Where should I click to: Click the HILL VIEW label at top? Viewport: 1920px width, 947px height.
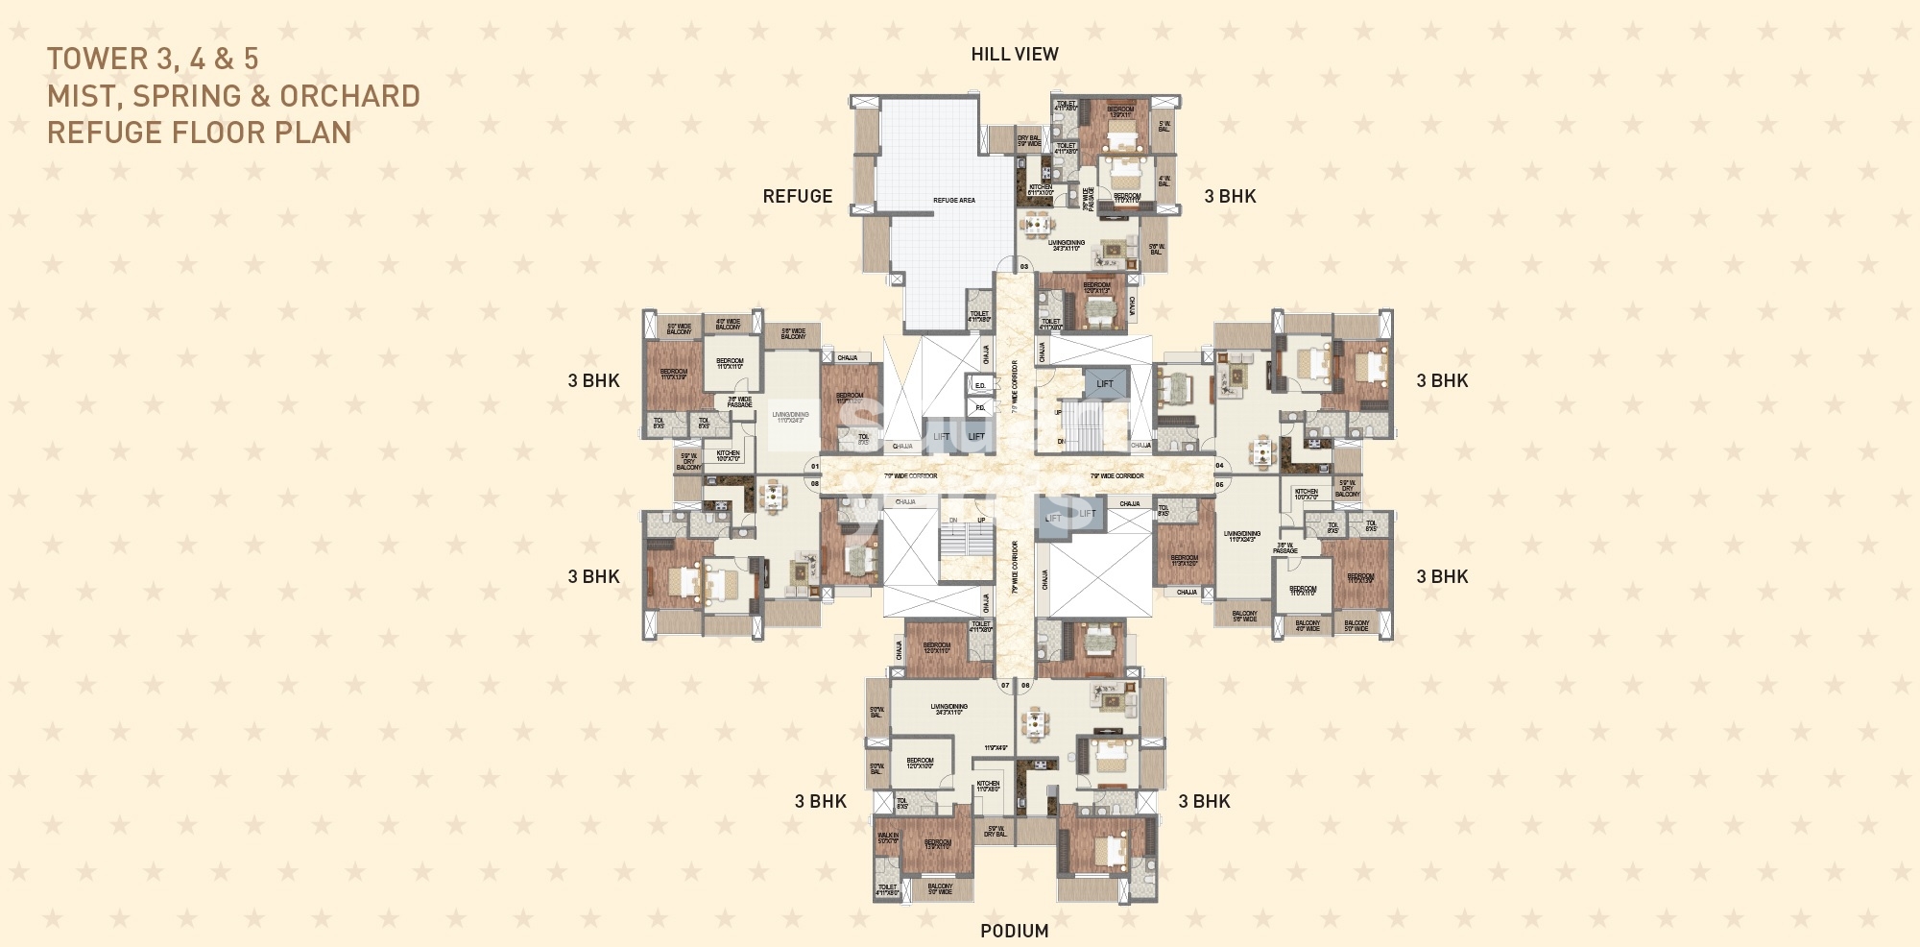(x=1014, y=55)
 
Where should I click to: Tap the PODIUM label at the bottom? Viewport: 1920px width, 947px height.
(x=1014, y=931)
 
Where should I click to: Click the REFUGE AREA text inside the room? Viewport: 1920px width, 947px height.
(x=953, y=200)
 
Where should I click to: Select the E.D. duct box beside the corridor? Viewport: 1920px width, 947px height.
(x=979, y=385)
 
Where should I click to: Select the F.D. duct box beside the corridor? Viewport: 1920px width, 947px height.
(x=979, y=407)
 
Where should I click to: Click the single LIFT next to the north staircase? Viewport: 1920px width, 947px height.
(x=1104, y=383)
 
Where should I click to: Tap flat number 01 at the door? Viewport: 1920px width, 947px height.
(x=815, y=467)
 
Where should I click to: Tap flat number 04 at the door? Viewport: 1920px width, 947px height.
(x=1219, y=466)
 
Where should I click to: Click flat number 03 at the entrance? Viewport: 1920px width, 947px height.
(x=1023, y=266)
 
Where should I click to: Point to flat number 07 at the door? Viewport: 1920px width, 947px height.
(x=1005, y=686)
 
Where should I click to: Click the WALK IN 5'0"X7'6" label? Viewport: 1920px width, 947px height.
(x=887, y=839)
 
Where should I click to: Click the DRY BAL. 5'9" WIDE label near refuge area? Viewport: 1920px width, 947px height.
(x=1028, y=141)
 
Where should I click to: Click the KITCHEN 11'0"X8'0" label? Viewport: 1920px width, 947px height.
(x=988, y=786)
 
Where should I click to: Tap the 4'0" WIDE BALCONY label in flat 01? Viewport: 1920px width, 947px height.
(x=728, y=324)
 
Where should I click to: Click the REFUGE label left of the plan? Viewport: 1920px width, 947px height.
(x=797, y=196)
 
